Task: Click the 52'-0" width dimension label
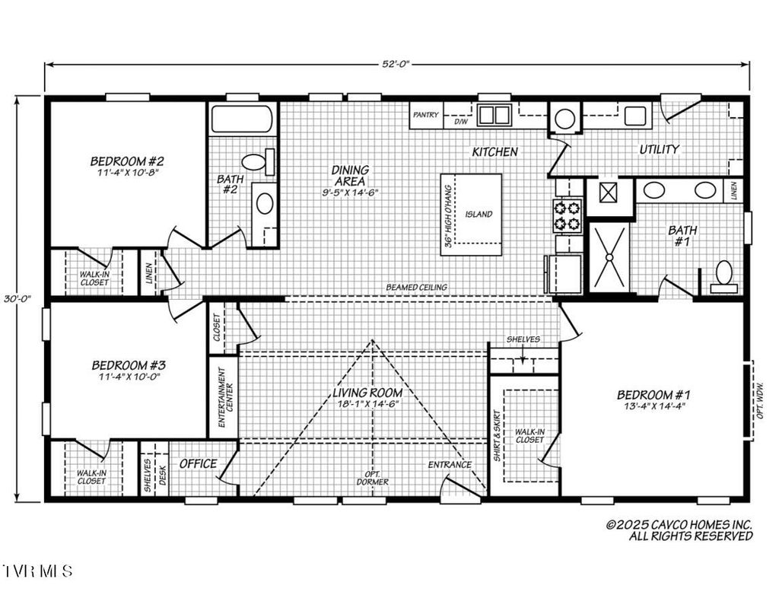[x=396, y=65]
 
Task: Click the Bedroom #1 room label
[x=653, y=394]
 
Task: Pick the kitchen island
[x=472, y=215]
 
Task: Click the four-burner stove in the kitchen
[x=568, y=215]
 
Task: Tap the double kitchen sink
[x=494, y=116]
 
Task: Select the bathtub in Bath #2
[x=241, y=119]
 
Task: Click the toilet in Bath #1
[x=723, y=275]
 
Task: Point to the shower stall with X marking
[x=610, y=257]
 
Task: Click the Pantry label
[x=426, y=115]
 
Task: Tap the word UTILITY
[x=659, y=149]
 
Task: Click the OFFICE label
[x=198, y=463]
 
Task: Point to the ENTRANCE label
[x=450, y=464]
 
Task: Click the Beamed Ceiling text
[x=416, y=287]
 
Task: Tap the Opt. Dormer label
[x=373, y=477]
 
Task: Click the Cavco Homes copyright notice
[x=679, y=530]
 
